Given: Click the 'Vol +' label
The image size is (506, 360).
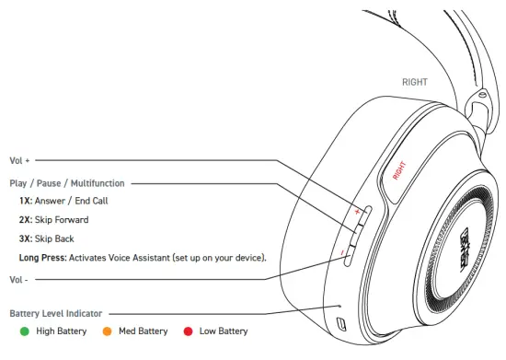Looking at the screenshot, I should [x=19, y=159].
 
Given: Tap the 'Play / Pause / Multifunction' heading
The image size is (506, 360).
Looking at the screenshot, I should [x=67, y=183].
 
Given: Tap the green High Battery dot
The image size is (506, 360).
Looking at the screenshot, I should [x=25, y=331].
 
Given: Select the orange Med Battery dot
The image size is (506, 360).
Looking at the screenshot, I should [x=108, y=331].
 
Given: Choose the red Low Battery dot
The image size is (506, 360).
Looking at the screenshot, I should [x=188, y=331].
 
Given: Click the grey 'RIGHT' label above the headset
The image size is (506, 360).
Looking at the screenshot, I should [x=414, y=82].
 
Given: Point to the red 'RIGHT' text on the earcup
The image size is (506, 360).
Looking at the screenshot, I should [x=400, y=169].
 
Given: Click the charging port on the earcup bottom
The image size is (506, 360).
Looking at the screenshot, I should [x=341, y=324].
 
